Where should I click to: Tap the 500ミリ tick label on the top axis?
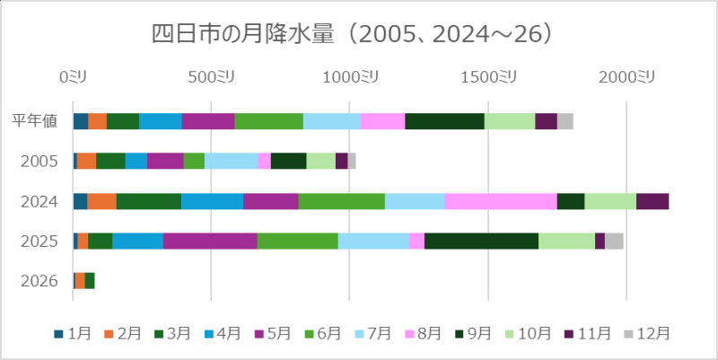pos(212,77)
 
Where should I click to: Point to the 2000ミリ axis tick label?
pos(626,77)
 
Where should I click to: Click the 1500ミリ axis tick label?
pos(488,77)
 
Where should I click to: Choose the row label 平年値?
pos(36,121)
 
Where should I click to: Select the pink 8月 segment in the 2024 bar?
pos(501,201)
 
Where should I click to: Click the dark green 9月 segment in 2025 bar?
pos(481,241)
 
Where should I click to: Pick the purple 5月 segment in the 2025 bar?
pos(210,241)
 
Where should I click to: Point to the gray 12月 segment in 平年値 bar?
pos(565,121)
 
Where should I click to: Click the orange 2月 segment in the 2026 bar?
pos(80,281)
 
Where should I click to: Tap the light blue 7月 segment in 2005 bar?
pos(231,161)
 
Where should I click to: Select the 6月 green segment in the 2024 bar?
pos(341,201)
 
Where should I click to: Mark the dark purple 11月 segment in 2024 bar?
pos(652,201)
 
